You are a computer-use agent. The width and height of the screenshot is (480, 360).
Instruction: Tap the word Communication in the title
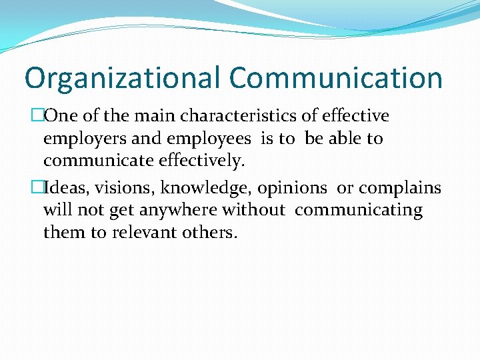(336, 79)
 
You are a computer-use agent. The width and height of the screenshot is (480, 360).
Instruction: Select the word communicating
(359, 211)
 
